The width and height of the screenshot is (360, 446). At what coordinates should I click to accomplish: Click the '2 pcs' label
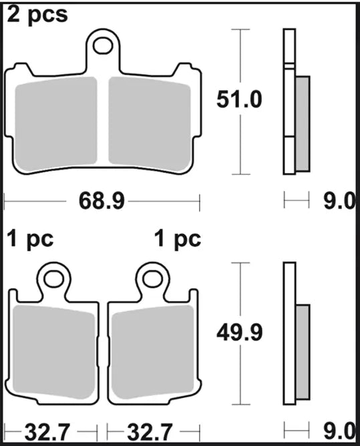(x=37, y=15)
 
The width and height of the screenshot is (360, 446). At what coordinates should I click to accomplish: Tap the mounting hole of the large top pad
(x=103, y=45)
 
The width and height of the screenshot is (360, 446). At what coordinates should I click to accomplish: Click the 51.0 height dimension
(x=238, y=100)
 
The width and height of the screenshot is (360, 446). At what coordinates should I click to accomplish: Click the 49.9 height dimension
(x=238, y=332)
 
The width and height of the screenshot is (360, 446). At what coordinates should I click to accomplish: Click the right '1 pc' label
(x=177, y=238)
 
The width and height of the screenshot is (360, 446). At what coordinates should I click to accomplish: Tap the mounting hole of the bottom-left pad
(x=53, y=276)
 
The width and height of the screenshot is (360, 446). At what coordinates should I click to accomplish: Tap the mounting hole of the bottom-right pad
(x=152, y=276)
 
